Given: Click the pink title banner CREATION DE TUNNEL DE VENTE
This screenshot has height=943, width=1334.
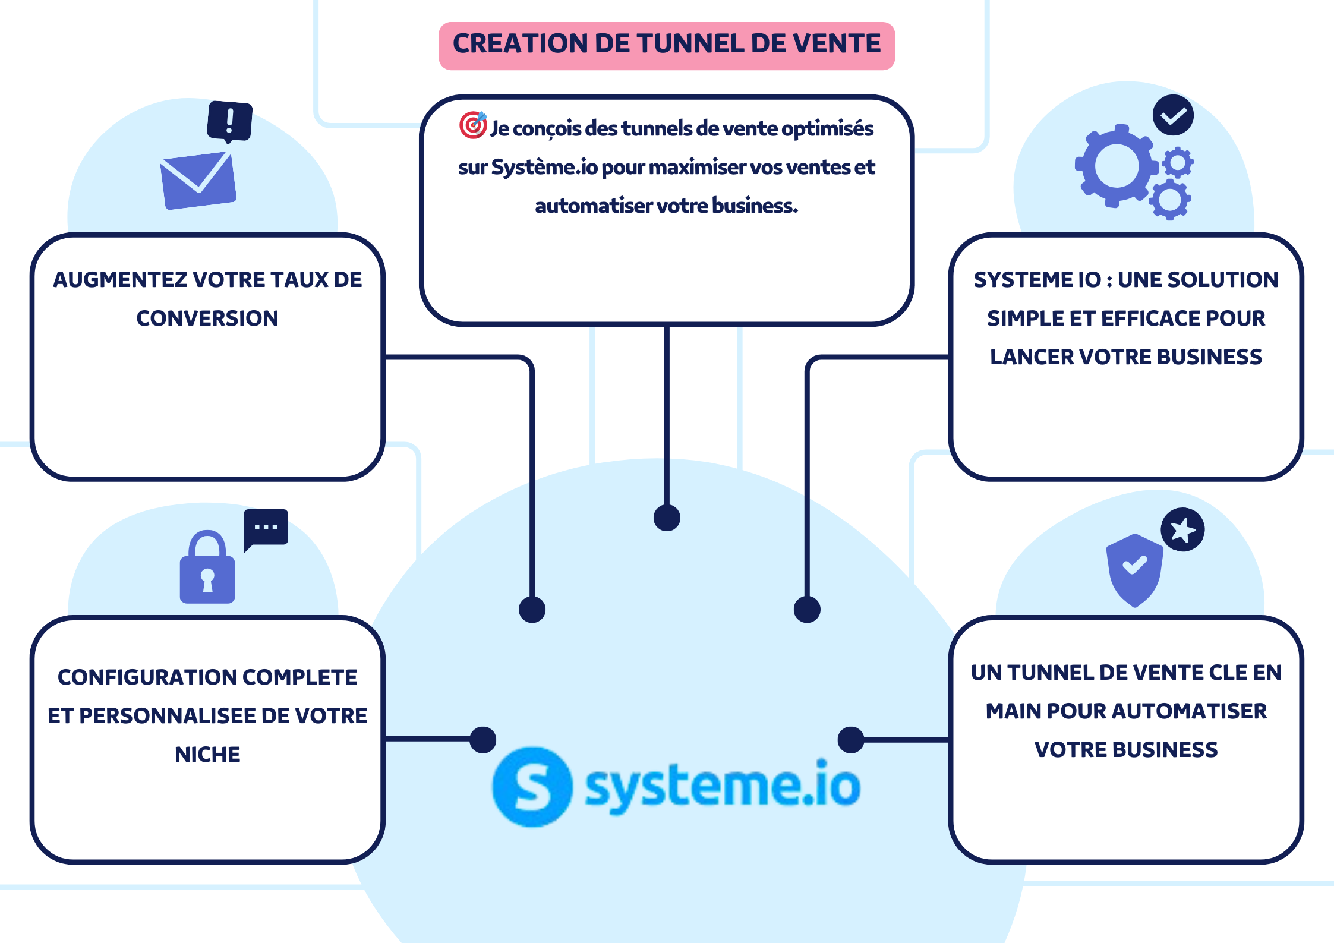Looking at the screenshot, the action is (667, 46).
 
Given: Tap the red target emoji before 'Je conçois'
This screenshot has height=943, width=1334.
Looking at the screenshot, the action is (473, 125).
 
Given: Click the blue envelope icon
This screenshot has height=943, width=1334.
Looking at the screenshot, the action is (198, 180).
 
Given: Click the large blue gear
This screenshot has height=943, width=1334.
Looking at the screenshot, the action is (1117, 166).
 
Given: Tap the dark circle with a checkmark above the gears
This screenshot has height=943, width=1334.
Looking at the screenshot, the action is (1173, 115).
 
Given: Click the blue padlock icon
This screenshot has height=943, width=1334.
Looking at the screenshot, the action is (207, 567).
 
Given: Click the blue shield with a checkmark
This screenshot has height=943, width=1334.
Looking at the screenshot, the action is (1134, 570).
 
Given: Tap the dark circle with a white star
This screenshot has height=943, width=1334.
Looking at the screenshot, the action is (1182, 529).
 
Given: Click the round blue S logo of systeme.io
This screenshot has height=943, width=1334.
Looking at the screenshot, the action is (532, 787).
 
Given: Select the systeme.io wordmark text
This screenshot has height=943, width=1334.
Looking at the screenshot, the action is (723, 786).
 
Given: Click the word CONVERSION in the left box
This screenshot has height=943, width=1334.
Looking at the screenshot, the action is (207, 318).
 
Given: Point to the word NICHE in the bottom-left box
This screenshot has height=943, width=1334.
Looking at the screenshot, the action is (207, 755).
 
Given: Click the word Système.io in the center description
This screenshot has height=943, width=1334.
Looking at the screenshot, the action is (544, 168).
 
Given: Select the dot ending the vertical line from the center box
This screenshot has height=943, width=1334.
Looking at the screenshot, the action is (667, 518).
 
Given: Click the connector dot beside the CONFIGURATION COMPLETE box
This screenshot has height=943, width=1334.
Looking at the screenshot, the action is (483, 740).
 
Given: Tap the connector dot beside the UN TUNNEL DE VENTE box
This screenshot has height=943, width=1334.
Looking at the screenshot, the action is (851, 740).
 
